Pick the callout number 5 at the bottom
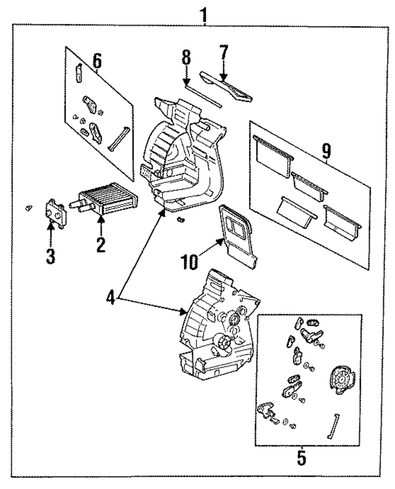[301, 458]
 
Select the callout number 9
[326, 151]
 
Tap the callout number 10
[189, 261]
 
